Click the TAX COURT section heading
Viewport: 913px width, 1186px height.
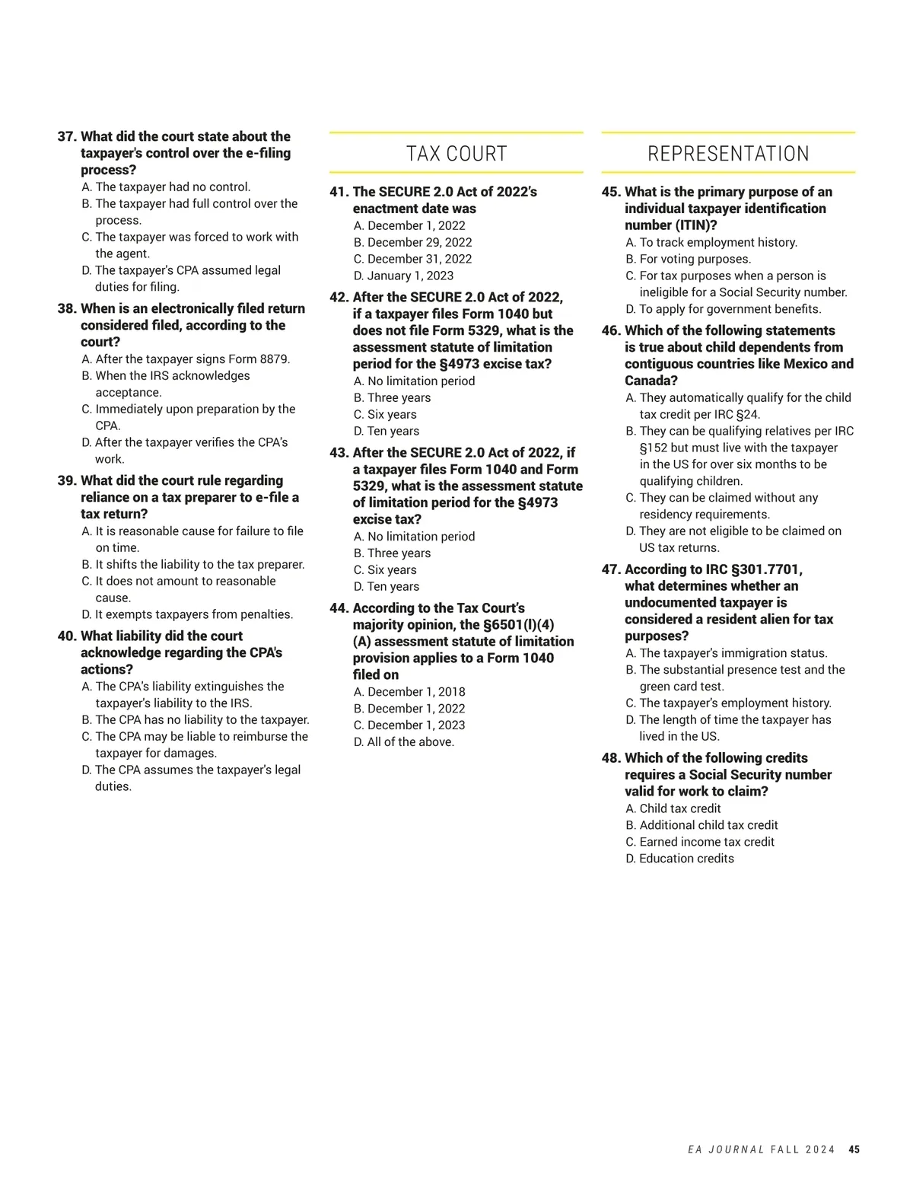point(456,154)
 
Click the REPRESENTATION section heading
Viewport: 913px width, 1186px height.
point(728,154)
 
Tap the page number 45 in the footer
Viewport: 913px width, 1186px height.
point(854,1149)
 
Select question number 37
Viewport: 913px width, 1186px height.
point(67,137)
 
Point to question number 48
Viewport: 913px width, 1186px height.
point(611,758)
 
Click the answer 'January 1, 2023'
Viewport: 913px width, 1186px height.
point(410,276)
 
